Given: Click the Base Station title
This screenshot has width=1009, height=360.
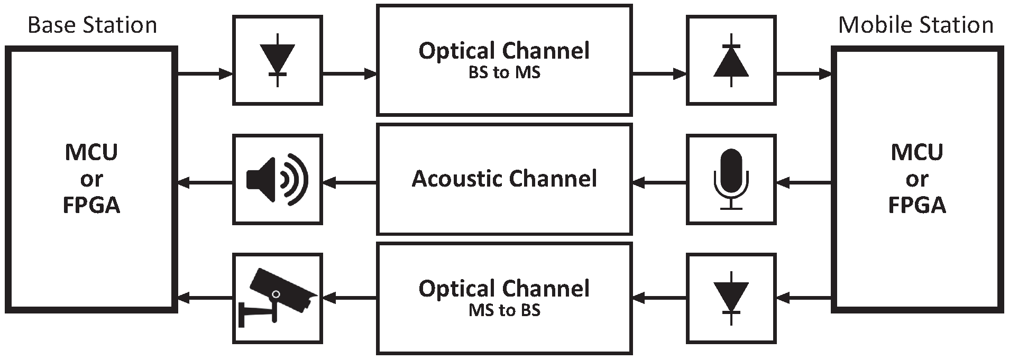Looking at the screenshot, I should (92, 25).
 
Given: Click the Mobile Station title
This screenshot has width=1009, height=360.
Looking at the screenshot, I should (915, 25).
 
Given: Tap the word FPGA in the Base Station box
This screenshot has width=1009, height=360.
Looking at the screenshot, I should (91, 205).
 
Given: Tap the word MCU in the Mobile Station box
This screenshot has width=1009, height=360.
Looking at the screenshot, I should (916, 152).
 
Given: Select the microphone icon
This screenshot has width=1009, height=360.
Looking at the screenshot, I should (731, 179).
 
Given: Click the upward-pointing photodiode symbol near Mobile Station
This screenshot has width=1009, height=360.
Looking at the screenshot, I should (731, 60).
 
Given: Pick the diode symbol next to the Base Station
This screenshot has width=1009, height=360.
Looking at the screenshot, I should (278, 60).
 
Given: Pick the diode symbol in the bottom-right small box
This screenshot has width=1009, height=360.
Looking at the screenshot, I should (731, 298).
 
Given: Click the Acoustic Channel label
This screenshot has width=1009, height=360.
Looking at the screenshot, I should (504, 179).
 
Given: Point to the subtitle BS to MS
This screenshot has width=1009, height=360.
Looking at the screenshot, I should (504, 72).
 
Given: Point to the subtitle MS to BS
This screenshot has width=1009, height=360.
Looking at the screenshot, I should (504, 310).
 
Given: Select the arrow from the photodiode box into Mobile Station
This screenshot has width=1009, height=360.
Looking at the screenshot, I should (804, 74).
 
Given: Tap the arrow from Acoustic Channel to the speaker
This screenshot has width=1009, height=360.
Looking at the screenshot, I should (350, 183).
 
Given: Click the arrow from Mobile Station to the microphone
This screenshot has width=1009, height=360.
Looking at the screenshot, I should (804, 183).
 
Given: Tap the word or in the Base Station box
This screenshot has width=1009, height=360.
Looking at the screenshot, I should (91, 179).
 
